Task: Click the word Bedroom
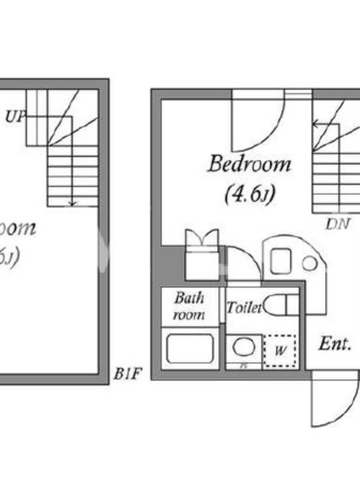(249, 164)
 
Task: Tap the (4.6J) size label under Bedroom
(250, 195)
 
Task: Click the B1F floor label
(127, 376)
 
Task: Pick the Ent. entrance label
(334, 344)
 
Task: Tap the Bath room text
(189, 306)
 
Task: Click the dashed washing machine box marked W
(280, 349)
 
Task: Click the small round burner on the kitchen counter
(310, 262)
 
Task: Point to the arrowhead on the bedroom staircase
(315, 125)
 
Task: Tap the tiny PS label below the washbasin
(244, 365)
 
